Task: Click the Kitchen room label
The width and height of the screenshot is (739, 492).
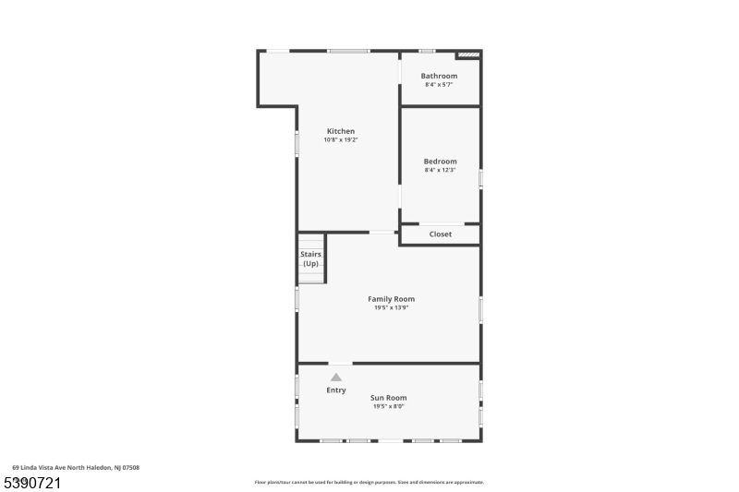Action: point(340,131)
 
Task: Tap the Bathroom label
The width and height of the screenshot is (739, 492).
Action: point(439,76)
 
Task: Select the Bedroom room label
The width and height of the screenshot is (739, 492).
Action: point(440,162)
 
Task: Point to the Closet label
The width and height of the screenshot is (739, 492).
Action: point(441,234)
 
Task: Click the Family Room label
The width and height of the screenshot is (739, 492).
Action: point(391,299)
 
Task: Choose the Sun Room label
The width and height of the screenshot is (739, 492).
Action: point(389,398)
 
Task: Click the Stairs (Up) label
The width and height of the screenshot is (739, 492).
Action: point(310,258)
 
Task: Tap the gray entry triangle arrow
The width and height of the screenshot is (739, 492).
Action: point(336,377)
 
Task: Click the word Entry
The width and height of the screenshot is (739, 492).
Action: point(336,390)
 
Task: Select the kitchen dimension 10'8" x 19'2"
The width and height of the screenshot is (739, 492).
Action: point(340,140)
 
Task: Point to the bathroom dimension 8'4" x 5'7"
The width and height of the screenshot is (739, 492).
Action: point(439,85)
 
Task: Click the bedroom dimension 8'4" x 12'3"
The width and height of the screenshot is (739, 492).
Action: point(440,170)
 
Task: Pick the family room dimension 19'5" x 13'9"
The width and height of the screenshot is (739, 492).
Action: point(391,307)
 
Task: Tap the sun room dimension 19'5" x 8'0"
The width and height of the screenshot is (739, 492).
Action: point(389,406)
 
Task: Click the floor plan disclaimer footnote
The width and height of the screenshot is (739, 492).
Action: point(369,482)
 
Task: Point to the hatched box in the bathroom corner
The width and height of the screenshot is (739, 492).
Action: point(469,54)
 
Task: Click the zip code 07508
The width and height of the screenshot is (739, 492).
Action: point(130,468)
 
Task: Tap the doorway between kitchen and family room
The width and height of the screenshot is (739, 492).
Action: point(382,232)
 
